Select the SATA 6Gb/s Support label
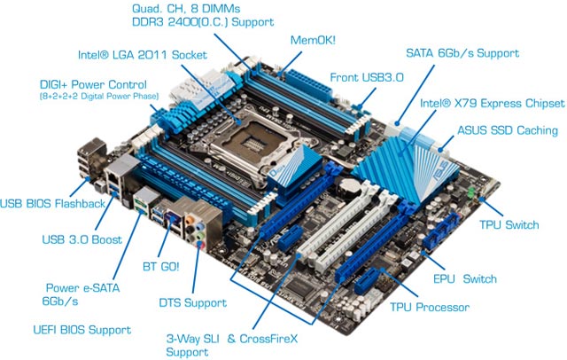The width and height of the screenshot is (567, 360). pyautogui.click(x=462, y=52)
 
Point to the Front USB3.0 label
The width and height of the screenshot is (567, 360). pyautogui.click(x=367, y=77)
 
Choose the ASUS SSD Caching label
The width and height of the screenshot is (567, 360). pyautogui.click(x=508, y=130)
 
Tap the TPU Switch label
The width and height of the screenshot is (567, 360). pyautogui.click(x=509, y=224)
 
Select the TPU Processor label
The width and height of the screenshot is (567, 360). pyautogui.click(x=430, y=308)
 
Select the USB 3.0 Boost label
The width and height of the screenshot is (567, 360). pyautogui.click(x=82, y=239)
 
